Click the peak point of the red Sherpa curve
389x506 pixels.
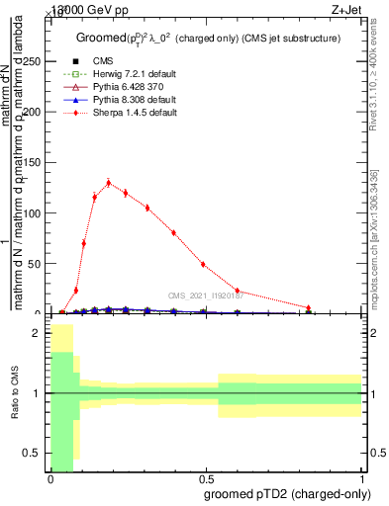point(108,183)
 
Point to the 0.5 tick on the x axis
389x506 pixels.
point(205,479)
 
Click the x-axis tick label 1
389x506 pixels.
point(361,479)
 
